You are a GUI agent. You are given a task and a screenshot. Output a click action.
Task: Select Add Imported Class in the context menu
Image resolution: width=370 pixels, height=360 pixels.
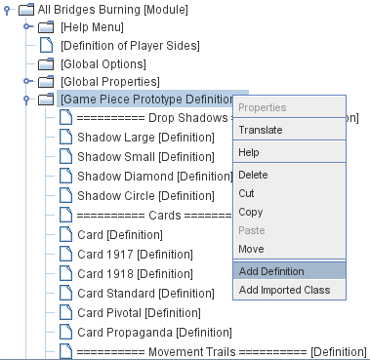click(x=284, y=290)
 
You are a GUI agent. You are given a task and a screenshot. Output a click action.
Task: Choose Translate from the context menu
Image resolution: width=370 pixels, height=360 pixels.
click(x=261, y=130)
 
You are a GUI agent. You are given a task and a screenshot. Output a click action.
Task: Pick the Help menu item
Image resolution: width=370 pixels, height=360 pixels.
click(x=249, y=153)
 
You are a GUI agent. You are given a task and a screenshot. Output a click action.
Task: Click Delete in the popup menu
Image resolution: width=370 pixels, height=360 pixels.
click(x=254, y=176)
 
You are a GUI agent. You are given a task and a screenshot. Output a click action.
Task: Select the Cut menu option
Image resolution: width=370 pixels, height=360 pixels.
click(x=248, y=194)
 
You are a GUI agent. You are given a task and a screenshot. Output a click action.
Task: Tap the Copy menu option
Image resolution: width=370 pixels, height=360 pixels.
click(x=251, y=212)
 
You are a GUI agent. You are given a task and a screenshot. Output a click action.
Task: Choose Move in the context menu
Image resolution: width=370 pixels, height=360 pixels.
click(x=252, y=249)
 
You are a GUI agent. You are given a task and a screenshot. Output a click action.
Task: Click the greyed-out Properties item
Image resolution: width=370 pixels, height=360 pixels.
click(x=263, y=107)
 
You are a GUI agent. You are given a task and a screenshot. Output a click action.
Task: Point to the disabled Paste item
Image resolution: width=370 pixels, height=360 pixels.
click(x=252, y=230)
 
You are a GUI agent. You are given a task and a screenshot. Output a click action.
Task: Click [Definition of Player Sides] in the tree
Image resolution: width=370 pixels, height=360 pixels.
click(x=130, y=46)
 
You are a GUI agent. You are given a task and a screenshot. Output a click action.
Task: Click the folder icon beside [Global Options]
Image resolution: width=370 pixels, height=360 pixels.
click(x=45, y=63)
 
